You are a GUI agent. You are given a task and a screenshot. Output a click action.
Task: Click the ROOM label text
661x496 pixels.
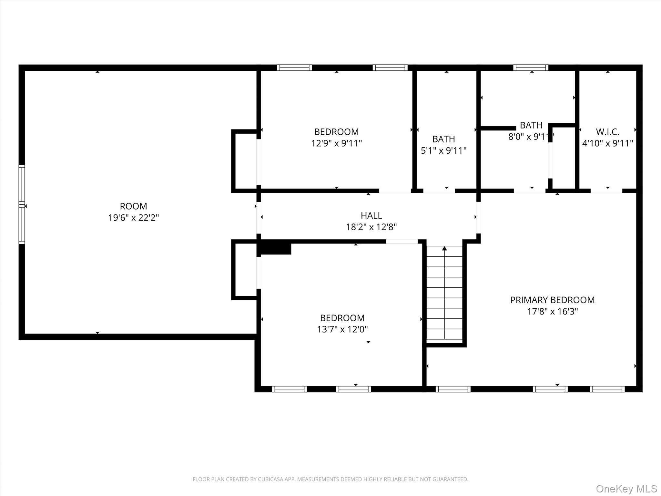pos(133,206)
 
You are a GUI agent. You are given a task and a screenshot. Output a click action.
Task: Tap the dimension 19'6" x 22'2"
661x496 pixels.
pos(133,218)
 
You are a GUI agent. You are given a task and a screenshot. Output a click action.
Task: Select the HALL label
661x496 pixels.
pos(371,215)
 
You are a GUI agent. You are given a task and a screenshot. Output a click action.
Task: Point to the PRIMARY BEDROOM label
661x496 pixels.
pos(552,300)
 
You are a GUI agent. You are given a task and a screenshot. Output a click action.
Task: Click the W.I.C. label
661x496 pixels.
pos(607,132)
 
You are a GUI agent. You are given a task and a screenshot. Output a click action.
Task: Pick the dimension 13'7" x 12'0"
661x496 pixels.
pos(342,329)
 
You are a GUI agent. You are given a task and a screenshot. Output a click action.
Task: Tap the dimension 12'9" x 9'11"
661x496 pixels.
pos(336,143)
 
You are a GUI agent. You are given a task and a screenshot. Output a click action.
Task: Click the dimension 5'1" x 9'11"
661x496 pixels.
pos(444,150)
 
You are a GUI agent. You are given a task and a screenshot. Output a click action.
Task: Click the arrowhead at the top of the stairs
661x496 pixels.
pos(444,248)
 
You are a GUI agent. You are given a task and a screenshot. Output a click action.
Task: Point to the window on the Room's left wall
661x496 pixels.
pos(22,204)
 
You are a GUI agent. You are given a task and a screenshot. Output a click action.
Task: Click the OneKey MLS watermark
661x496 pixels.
pos(626,489)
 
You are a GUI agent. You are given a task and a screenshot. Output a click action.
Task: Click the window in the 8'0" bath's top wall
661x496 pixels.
pos(531,67)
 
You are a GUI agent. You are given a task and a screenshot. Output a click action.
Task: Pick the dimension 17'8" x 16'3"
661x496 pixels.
pos(552,312)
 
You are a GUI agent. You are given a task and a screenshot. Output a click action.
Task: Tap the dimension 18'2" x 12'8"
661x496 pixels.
pos(371,227)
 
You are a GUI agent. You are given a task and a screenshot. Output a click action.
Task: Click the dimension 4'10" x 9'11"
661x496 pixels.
pos(607,143)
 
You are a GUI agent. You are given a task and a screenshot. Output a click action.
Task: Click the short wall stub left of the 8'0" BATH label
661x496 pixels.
pos(498,128)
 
